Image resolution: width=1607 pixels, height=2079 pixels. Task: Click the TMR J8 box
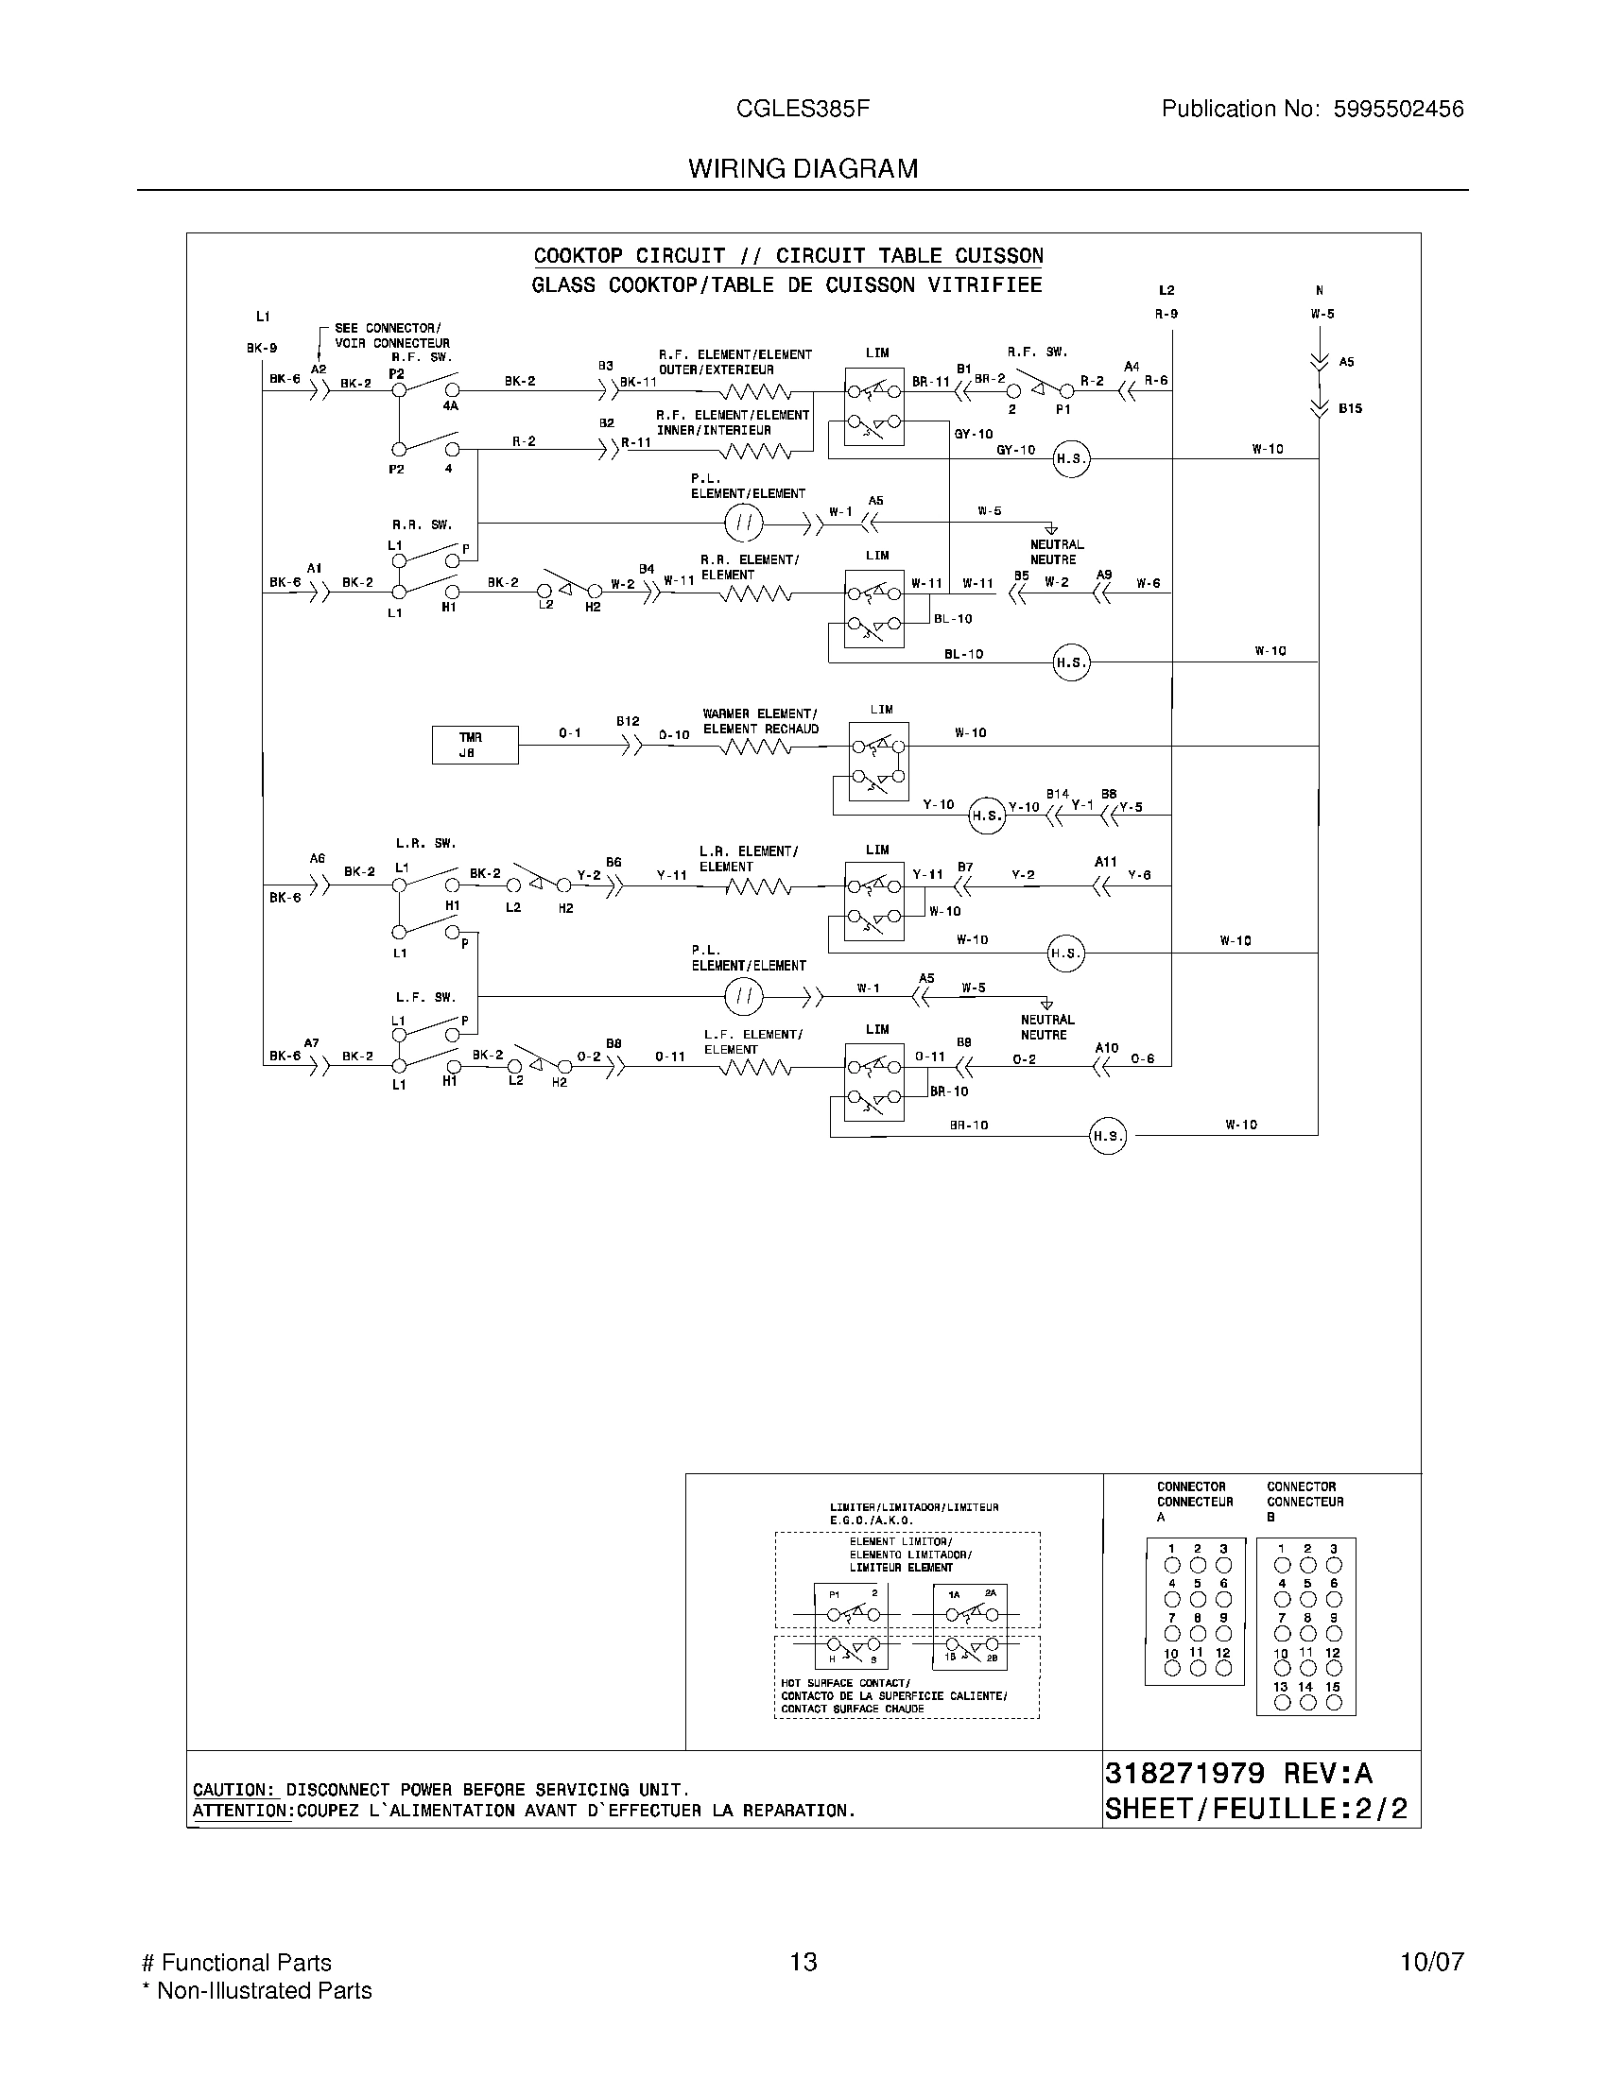[x=475, y=745]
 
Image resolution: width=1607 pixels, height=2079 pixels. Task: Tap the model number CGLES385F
[x=803, y=109]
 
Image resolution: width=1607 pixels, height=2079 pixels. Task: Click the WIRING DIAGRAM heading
[x=803, y=168]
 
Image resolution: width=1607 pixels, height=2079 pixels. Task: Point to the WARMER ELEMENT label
[x=760, y=713]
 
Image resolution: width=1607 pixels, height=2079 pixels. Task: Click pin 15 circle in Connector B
[x=1334, y=1703]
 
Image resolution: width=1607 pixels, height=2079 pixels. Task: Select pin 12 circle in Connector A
[x=1224, y=1668]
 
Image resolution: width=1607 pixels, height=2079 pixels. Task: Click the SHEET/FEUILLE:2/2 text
[x=1255, y=1809]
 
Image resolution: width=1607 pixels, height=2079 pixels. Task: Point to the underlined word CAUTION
[x=233, y=1790]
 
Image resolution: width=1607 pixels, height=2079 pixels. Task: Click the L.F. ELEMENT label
[x=753, y=1034]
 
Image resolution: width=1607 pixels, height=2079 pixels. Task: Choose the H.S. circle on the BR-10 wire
[x=1107, y=1136]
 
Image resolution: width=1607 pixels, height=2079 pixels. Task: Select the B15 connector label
[x=1350, y=408]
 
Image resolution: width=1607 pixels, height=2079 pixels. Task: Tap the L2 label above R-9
[x=1167, y=290]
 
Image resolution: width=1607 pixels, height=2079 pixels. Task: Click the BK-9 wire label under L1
[x=262, y=348]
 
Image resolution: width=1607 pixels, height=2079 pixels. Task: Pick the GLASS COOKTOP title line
[x=786, y=284]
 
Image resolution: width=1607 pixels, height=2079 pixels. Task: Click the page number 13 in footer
[x=803, y=1962]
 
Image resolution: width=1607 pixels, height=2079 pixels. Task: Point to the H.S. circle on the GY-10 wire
[x=1070, y=459]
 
